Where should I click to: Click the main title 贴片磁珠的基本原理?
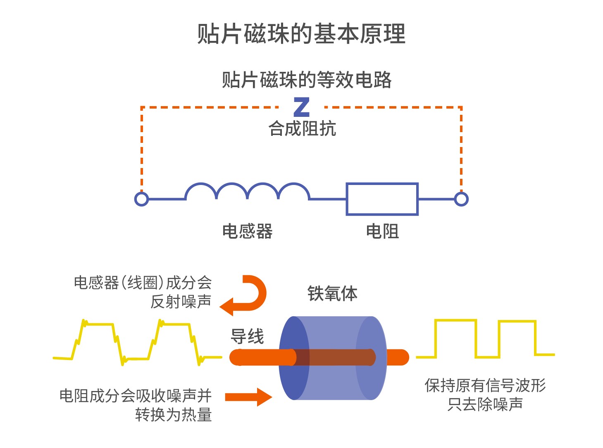(301, 34)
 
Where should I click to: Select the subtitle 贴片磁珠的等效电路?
(306, 80)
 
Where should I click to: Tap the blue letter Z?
(302, 107)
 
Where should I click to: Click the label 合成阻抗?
(302, 128)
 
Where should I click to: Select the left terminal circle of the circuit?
(142, 199)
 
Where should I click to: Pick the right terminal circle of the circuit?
(461, 199)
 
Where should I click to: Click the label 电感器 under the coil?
(247, 231)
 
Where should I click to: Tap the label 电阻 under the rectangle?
(382, 231)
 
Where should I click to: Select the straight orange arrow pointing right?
(248, 397)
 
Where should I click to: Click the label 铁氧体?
(332, 294)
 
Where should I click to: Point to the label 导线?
(247, 337)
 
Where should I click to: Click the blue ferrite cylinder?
(333, 358)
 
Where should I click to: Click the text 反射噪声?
(181, 301)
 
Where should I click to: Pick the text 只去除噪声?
(485, 404)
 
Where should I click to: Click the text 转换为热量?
(174, 415)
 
